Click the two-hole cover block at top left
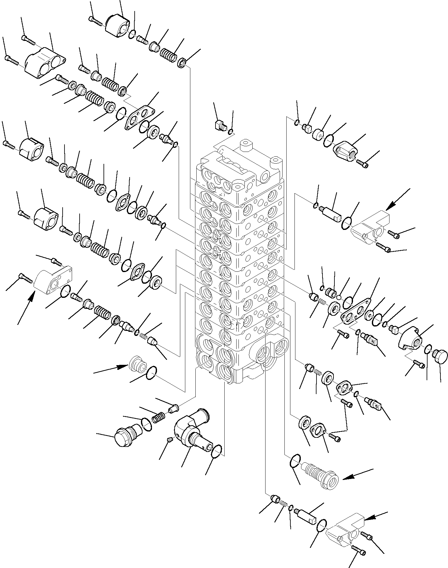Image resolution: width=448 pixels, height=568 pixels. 45,63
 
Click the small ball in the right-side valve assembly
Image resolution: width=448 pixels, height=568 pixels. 339,297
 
